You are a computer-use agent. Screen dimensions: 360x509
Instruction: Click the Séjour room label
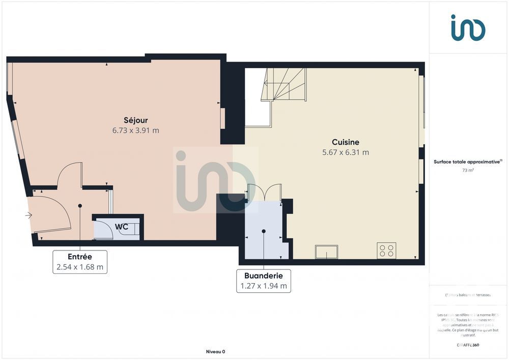tap(135, 120)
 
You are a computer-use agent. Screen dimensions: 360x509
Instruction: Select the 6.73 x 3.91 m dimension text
tap(135, 130)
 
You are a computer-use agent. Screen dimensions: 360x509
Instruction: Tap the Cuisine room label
tap(346, 142)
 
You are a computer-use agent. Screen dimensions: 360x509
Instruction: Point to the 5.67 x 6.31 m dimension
tap(346, 152)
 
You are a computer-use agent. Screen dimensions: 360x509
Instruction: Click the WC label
tap(121, 226)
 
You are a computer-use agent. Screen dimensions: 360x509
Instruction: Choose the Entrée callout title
tap(80, 257)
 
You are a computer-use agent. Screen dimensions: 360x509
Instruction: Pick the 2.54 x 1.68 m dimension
tap(80, 267)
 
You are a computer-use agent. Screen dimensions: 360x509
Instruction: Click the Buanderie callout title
tap(264, 275)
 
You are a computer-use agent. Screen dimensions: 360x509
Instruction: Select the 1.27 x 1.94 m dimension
tap(264, 286)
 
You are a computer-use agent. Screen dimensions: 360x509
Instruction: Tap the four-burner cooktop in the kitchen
tap(386, 251)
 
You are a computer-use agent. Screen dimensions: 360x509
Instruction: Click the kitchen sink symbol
tap(326, 252)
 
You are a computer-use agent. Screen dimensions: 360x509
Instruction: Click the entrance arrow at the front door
tap(29, 215)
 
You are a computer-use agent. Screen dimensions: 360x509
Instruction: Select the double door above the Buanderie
tap(264, 192)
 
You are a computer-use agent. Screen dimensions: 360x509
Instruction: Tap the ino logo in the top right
tap(468, 27)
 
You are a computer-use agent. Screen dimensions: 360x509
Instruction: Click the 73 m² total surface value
tap(468, 171)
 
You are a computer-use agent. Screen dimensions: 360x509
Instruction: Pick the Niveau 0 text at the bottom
tap(215, 351)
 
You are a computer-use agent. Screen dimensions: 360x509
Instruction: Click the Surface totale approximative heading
tap(467, 161)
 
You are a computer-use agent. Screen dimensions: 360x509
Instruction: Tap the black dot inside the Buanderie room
tap(264, 231)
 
